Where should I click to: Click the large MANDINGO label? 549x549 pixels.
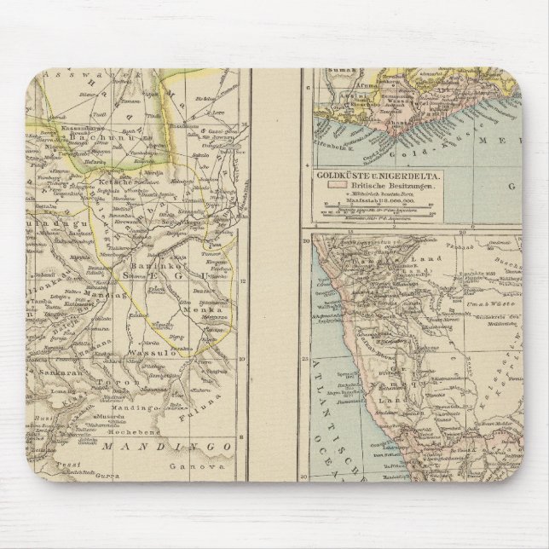pyautogui.click(x=167, y=447)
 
